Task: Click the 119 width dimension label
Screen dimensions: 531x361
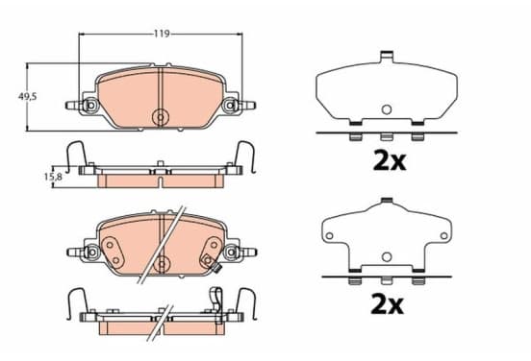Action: pyautogui.click(x=162, y=34)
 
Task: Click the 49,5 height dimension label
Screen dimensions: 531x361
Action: pyautogui.click(x=27, y=97)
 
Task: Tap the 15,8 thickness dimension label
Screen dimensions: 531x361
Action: pyautogui.click(x=53, y=176)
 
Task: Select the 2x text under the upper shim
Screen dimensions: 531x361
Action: pyautogui.click(x=389, y=161)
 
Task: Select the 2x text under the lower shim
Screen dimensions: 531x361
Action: pyautogui.click(x=387, y=304)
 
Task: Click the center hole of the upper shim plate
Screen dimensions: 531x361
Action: pyautogui.click(x=387, y=109)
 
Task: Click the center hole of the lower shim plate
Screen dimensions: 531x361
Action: pyautogui.click(x=387, y=257)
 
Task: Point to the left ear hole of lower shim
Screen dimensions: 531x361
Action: pyautogui.click(x=329, y=235)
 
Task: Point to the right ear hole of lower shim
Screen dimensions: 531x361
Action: pyautogui.click(x=443, y=235)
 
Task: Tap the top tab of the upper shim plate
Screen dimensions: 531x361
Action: pyautogui.click(x=387, y=56)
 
